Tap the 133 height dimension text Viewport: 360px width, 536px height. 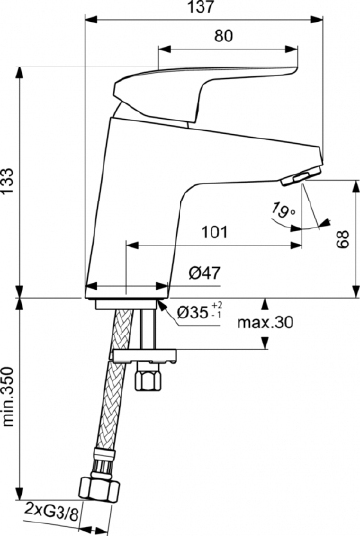(x=10, y=182)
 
